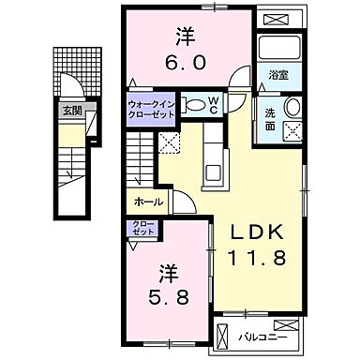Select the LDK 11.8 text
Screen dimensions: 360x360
[249, 242]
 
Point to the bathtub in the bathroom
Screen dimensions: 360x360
[277, 50]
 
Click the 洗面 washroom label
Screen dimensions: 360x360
[269, 119]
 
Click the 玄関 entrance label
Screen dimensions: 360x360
[72, 111]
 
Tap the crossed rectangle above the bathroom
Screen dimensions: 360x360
[277, 20]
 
